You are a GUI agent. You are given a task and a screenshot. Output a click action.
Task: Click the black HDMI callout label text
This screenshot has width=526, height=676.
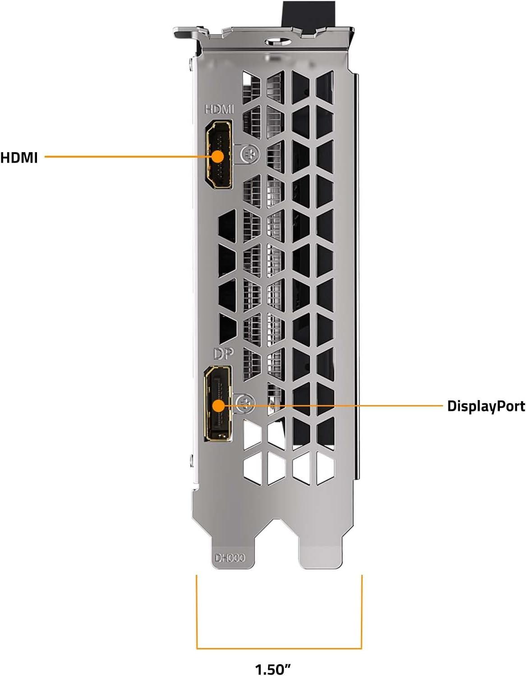[19, 158]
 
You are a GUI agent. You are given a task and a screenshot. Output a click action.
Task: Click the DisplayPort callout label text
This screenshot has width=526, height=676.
[486, 406]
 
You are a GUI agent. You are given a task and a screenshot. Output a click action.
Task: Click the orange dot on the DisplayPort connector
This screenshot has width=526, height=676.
[219, 406]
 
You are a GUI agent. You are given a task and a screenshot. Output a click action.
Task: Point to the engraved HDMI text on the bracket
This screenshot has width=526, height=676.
[219, 109]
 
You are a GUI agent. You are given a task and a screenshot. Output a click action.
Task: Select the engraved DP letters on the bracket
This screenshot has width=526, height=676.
[223, 354]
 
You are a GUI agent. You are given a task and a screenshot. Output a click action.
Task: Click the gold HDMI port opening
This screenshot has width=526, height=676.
[218, 154]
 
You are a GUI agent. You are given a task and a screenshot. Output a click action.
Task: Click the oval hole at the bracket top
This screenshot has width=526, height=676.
[278, 42]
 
